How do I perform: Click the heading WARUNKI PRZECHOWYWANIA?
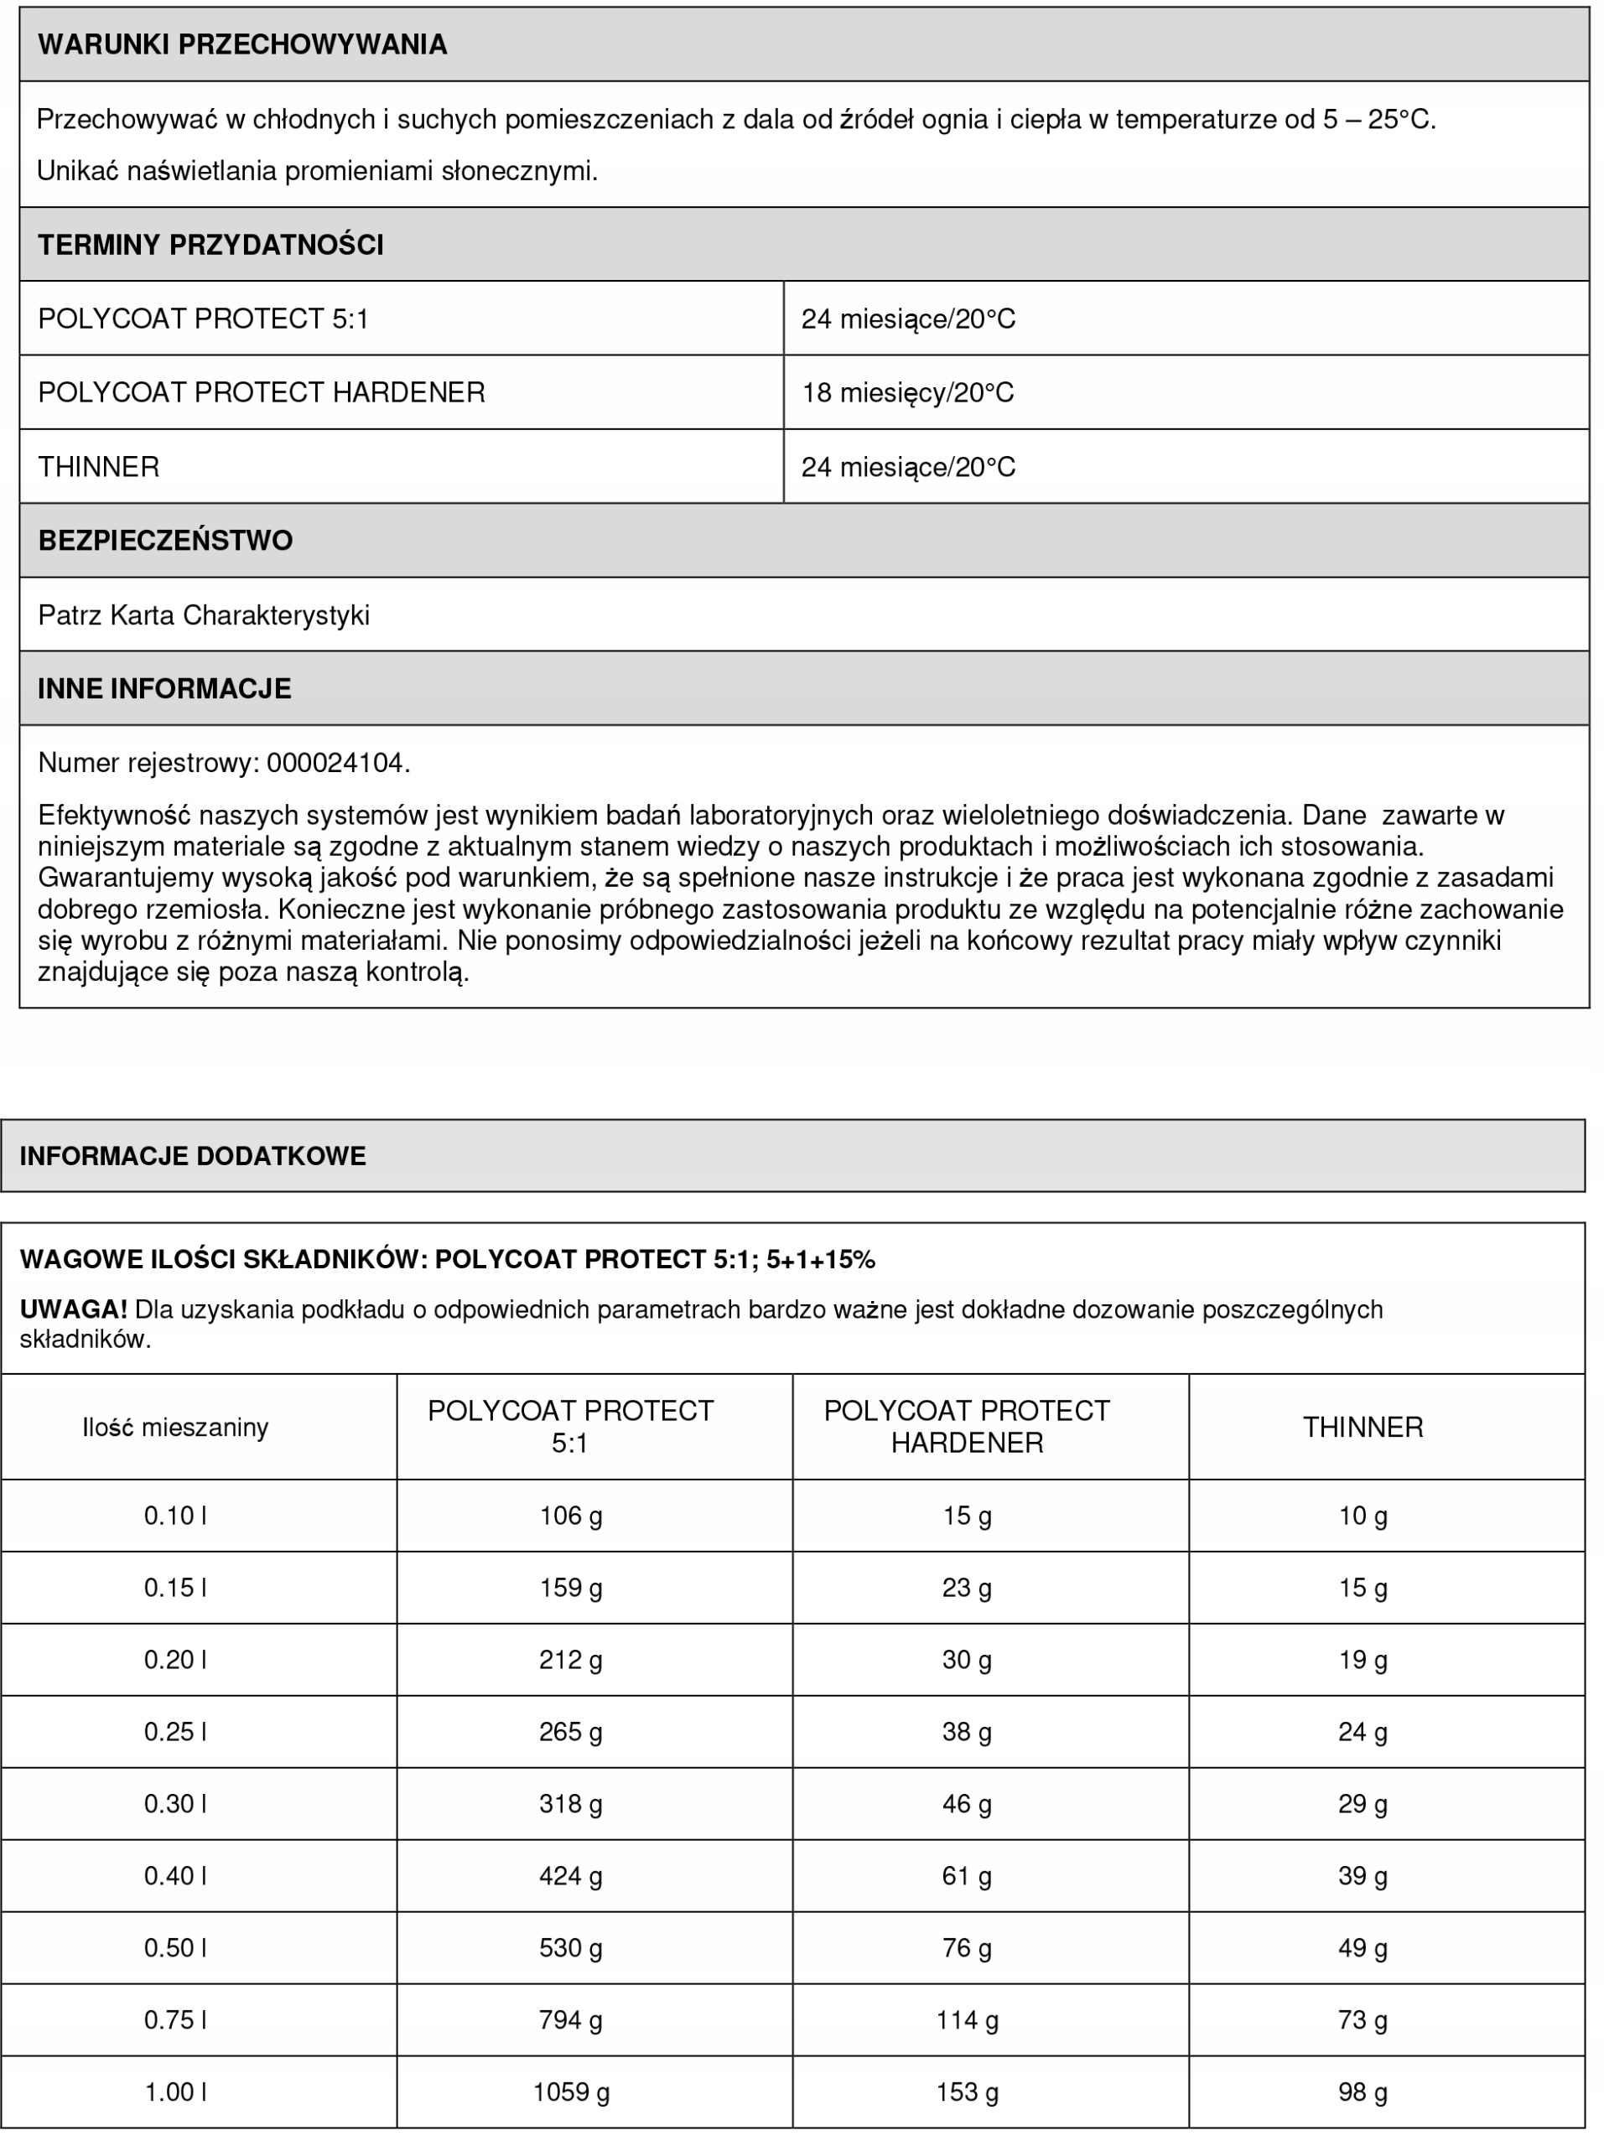[x=241, y=44]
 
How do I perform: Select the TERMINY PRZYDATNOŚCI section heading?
[x=210, y=245]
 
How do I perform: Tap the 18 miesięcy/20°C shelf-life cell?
[x=907, y=393]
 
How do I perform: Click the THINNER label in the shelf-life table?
[x=98, y=467]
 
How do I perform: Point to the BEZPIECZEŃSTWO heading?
[x=165, y=541]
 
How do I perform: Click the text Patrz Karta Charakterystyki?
[x=204, y=615]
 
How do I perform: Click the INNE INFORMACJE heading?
[x=164, y=689]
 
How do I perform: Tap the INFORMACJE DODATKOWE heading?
[x=193, y=1155]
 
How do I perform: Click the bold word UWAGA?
[x=74, y=1309]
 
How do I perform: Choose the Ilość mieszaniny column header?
[x=174, y=1427]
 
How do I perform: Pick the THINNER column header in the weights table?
[x=1363, y=1427]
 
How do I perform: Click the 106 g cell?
[x=570, y=1516]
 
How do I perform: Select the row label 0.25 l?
[x=174, y=1732]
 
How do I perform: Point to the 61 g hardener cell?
[x=967, y=1875]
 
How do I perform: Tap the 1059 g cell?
[x=570, y=2092]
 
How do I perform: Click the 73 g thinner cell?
[x=1363, y=2020]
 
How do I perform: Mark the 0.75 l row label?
[x=174, y=2020]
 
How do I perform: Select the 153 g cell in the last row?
[x=967, y=2092]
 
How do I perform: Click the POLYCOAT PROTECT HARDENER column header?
[x=967, y=1426]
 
